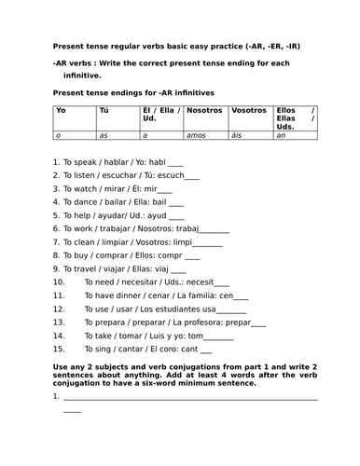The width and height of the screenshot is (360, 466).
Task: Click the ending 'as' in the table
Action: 104,135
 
